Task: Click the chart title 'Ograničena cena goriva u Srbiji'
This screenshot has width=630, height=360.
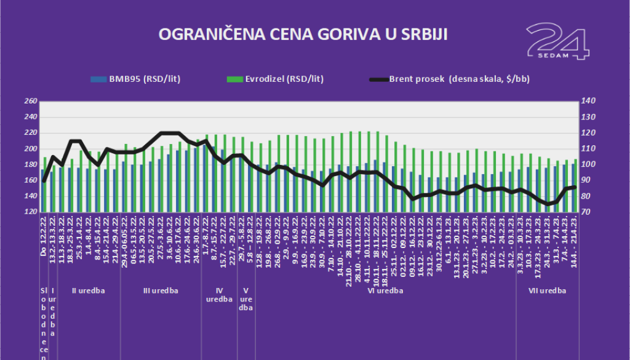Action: (x=303, y=34)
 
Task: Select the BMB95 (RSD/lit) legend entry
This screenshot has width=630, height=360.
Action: (x=135, y=79)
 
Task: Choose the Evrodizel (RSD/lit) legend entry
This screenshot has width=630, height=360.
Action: (x=275, y=79)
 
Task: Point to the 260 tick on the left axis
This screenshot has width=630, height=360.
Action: (x=30, y=101)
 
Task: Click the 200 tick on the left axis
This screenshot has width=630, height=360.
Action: (x=30, y=149)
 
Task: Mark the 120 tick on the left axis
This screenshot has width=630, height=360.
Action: (x=30, y=212)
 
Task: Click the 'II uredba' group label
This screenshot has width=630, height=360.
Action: (x=89, y=290)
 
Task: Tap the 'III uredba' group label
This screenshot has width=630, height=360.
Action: (x=160, y=290)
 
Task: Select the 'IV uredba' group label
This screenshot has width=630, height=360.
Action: (x=220, y=295)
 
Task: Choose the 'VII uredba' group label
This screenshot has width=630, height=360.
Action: (x=547, y=290)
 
